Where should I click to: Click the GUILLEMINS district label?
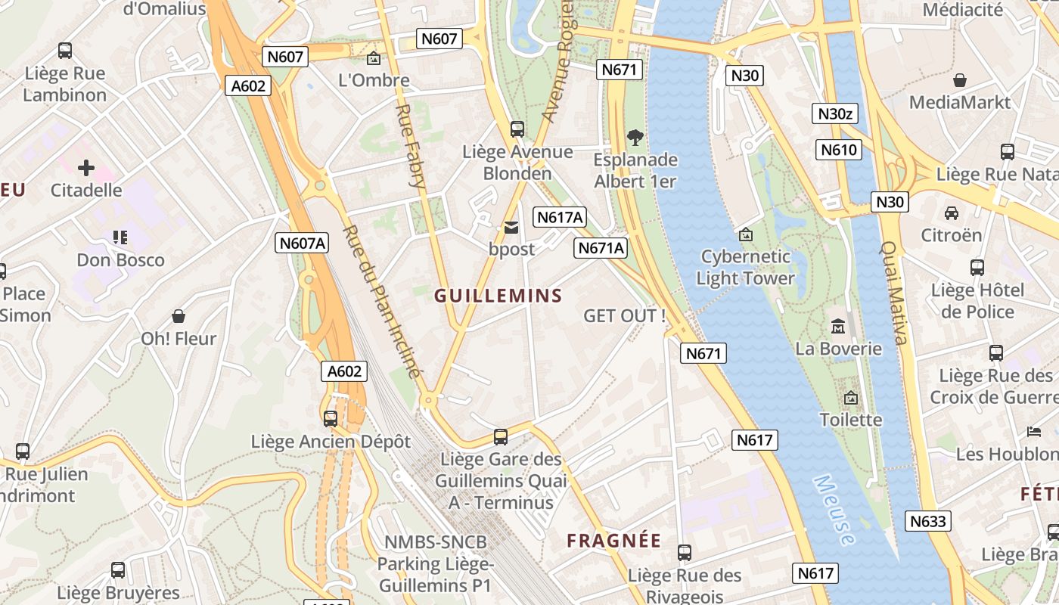(498, 296)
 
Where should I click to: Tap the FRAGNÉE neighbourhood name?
(614, 541)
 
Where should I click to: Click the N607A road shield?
(302, 243)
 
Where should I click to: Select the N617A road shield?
(560, 218)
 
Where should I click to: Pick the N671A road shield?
(601, 248)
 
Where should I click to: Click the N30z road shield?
(836, 113)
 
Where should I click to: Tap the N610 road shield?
(840, 150)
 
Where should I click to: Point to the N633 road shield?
(928, 521)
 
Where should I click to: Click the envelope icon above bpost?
(511, 227)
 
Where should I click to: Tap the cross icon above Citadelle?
(86, 167)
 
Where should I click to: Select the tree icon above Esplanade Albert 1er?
(635, 138)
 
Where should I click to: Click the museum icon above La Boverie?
(837, 327)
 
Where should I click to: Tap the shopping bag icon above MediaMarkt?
(959, 79)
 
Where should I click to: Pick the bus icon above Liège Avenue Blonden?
(517, 129)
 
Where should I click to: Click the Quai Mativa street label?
(893, 293)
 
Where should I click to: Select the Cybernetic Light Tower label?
(745, 267)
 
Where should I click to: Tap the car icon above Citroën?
(951, 213)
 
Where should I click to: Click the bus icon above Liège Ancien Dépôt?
(331, 418)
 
